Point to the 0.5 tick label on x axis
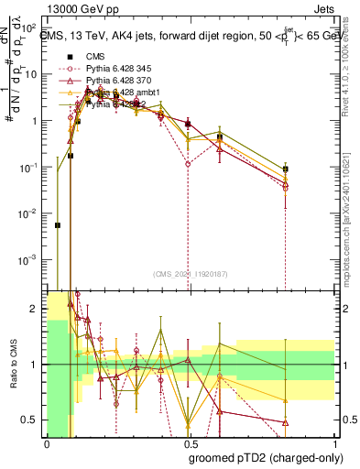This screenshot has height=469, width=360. (x=188, y=445)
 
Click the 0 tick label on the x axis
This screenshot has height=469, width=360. (x=46, y=445)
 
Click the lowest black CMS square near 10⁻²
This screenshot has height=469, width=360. (x=57, y=224)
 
